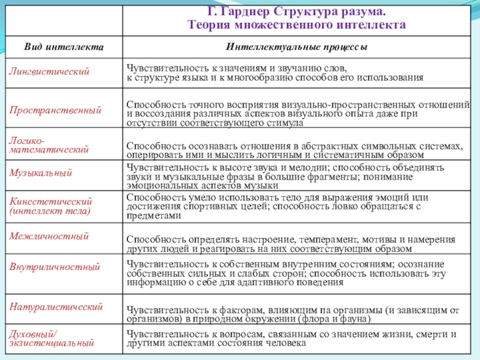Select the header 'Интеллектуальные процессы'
tap(297, 46)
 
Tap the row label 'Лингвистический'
tap(49, 71)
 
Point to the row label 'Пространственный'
tap(55, 110)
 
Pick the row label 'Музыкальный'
tap(41, 173)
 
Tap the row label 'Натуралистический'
tap(56, 307)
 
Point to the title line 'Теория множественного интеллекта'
tap(297, 25)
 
